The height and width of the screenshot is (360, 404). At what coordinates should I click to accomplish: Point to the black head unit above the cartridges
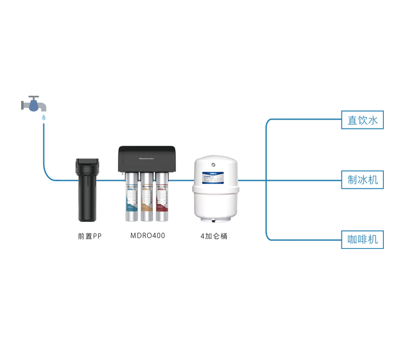pyautogui.click(x=147, y=158)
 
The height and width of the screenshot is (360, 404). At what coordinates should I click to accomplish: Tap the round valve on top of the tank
pyautogui.click(x=213, y=166)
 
